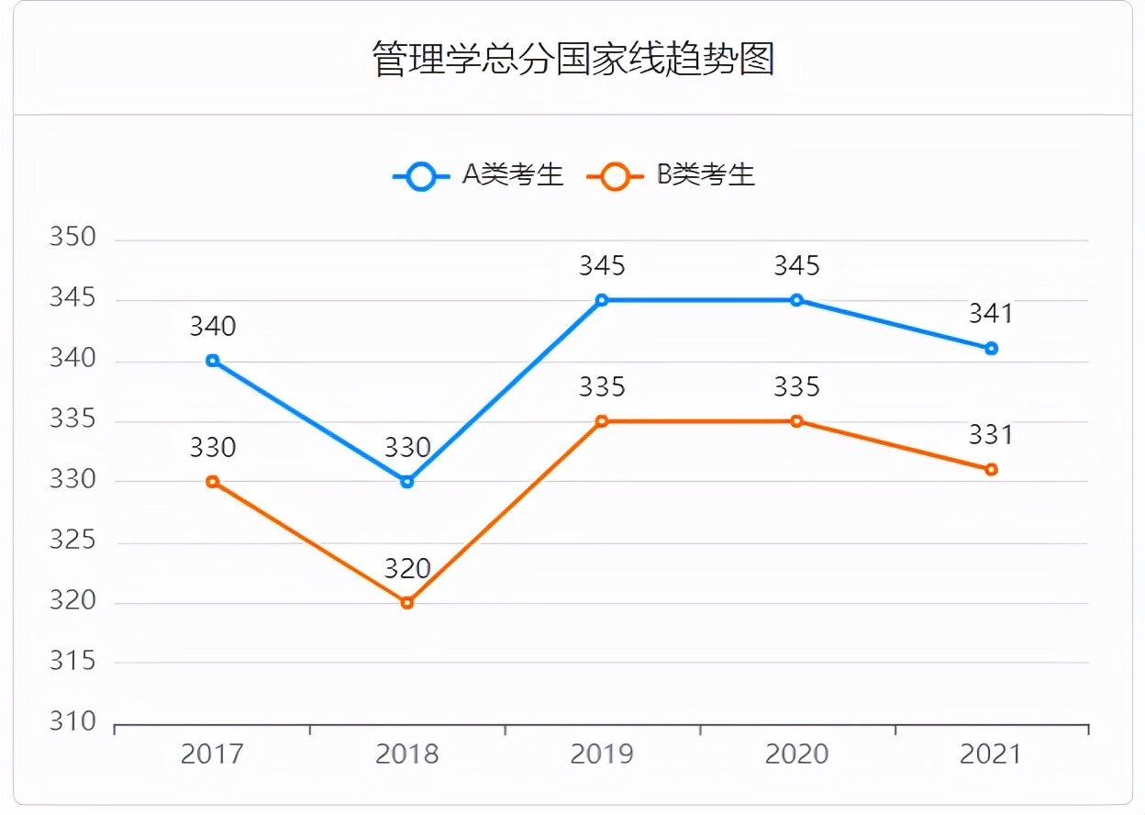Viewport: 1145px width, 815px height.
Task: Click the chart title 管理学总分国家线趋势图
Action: tap(573, 59)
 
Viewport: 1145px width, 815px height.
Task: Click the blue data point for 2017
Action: tap(213, 361)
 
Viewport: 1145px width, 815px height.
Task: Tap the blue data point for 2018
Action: tap(407, 481)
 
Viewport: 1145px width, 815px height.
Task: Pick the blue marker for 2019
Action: tap(602, 300)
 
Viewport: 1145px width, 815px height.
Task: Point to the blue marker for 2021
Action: tap(991, 349)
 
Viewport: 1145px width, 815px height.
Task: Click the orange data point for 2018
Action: tap(407, 603)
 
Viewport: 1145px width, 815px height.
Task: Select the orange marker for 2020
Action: tap(796, 421)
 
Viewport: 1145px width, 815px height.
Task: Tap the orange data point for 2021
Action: tap(991, 469)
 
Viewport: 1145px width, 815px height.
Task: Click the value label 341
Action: tap(991, 314)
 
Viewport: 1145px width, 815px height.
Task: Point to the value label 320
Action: tap(407, 569)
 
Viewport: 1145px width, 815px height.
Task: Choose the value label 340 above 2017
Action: tap(213, 327)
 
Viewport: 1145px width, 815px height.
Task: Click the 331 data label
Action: tap(991, 435)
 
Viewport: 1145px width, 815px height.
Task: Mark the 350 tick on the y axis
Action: tap(72, 238)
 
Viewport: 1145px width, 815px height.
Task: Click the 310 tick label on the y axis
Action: tap(72, 722)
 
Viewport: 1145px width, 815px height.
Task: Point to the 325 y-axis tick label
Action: tap(72, 541)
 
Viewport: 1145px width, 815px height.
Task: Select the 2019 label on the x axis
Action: tap(602, 754)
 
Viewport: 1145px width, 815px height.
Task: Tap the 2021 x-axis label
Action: tap(991, 754)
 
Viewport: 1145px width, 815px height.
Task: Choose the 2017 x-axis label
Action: tap(213, 754)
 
